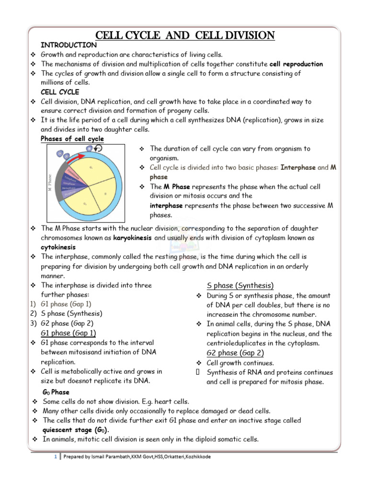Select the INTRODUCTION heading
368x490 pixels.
pos(69,45)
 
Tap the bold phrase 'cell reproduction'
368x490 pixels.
pos(296,64)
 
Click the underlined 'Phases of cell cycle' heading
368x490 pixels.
pos(72,139)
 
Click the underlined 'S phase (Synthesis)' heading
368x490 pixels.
pos(240,286)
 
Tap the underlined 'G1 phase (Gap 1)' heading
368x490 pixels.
pos(69,333)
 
